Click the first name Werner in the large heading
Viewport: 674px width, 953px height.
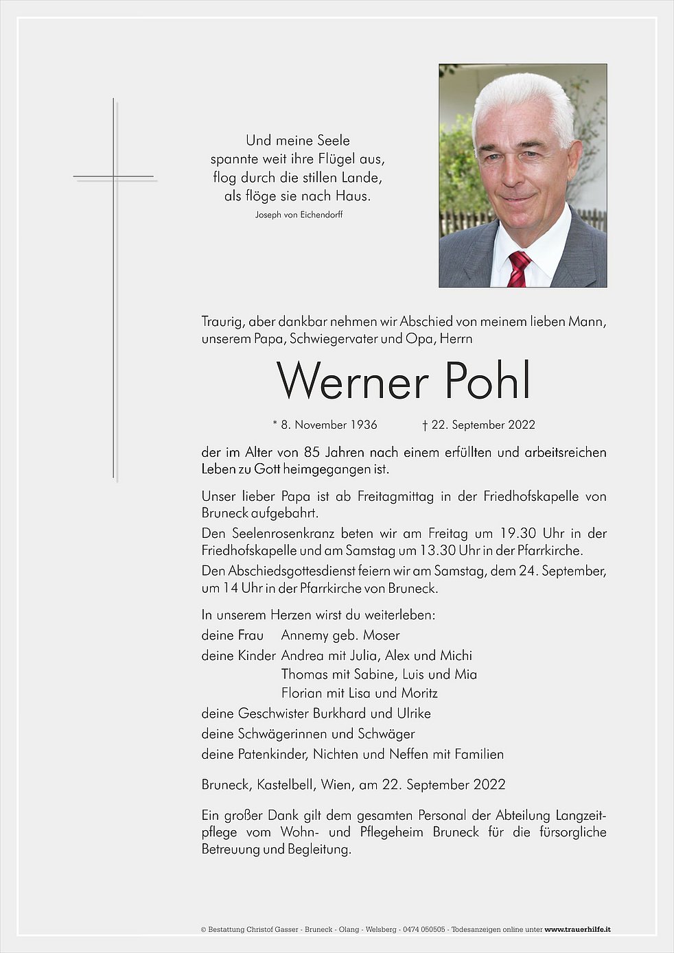click(x=352, y=381)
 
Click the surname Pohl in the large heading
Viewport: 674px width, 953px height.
click(x=487, y=381)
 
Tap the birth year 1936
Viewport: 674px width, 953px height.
click(x=364, y=425)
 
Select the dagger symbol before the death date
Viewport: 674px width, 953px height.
click(x=425, y=425)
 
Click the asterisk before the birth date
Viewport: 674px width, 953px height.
click(x=275, y=423)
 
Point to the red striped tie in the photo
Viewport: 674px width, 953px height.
click(x=518, y=268)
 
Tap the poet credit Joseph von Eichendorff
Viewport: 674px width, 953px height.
click(x=299, y=215)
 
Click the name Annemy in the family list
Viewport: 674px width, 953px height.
click(x=305, y=635)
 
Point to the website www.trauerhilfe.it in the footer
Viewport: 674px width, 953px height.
click(x=577, y=930)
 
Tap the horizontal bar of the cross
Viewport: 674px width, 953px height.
click(x=114, y=177)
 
